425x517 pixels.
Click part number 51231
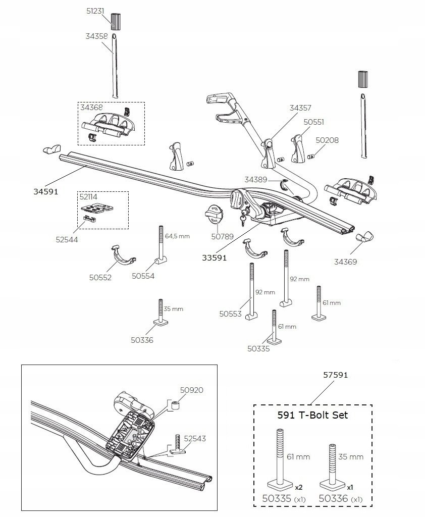(x=95, y=11)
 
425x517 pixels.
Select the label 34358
(x=96, y=36)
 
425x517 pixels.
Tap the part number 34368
(x=92, y=107)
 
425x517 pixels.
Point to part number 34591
(x=46, y=191)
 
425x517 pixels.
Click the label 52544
(x=67, y=240)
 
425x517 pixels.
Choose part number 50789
(x=222, y=236)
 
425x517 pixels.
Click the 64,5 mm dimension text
(x=177, y=236)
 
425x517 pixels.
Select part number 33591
(x=215, y=257)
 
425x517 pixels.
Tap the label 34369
(x=346, y=262)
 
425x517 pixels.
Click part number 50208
(x=327, y=140)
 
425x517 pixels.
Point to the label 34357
(x=300, y=108)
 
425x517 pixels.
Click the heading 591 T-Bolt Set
(x=312, y=415)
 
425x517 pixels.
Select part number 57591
(x=335, y=375)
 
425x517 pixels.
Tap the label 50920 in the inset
(x=192, y=390)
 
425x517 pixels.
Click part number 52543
(x=195, y=439)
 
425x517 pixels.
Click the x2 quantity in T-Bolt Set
(x=299, y=487)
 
